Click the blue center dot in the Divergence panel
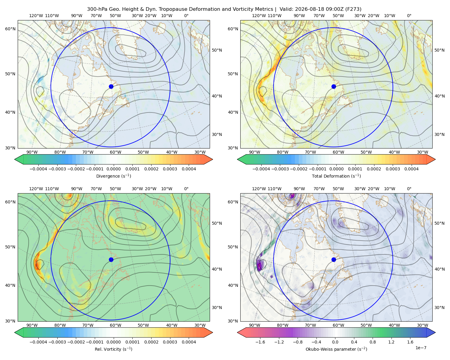pyautogui.click(x=111, y=86)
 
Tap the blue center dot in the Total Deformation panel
pyautogui.click(x=334, y=86)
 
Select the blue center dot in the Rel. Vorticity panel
pyautogui.click(x=111, y=259)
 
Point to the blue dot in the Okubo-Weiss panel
pyautogui.click(x=334, y=259)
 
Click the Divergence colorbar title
pyautogui.click(x=113, y=176)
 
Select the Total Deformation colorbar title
pyautogui.click(x=336, y=176)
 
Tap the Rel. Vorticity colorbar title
pyautogui.click(x=113, y=349)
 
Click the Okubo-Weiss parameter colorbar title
pyautogui.click(x=336, y=349)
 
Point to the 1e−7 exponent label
pyautogui.click(x=421, y=348)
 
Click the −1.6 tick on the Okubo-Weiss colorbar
pyautogui.click(x=260, y=342)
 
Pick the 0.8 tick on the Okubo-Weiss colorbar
pyautogui.click(x=373, y=342)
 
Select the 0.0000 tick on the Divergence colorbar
pyautogui.click(x=113, y=169)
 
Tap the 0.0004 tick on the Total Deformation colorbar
pyautogui.click(x=411, y=169)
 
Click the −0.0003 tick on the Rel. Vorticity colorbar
pyautogui.click(x=57, y=342)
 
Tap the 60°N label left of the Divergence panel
pyautogui.click(x=10, y=29)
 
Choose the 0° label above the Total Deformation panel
pyautogui.click(x=409, y=16)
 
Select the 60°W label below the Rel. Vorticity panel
pyautogui.click(x=115, y=325)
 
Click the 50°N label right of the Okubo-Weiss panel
pyautogui.click(x=439, y=223)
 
